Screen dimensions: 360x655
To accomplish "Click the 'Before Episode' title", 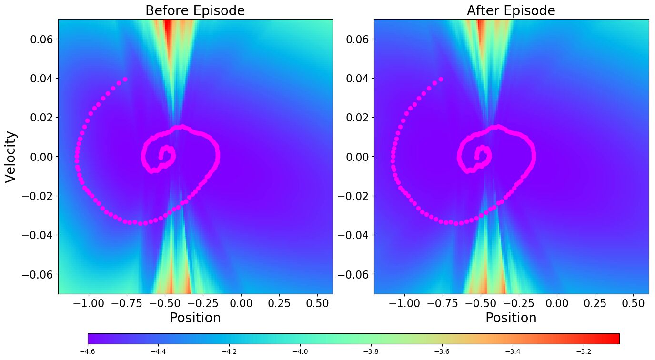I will [195, 10].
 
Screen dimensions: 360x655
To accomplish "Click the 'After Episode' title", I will [511, 10].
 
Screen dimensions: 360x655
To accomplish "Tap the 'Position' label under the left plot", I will [195, 318].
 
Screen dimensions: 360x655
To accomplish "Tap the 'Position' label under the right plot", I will [511, 318].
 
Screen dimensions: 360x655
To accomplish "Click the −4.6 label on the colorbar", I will [88, 352].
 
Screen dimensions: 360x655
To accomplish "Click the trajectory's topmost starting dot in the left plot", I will [125, 79].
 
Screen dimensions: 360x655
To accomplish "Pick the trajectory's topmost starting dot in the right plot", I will [441, 79].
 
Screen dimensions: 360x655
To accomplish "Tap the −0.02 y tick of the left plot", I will [40, 196].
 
